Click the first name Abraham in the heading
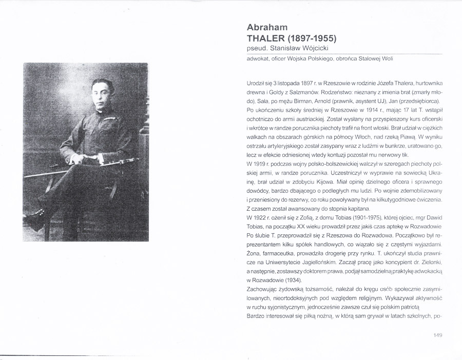click(266, 27)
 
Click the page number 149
click(437, 335)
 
